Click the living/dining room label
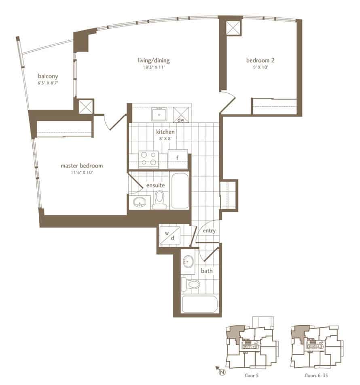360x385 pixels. [154, 61]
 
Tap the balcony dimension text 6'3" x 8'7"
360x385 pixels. [48, 83]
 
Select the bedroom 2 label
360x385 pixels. [260, 60]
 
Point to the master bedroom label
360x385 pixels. [82, 166]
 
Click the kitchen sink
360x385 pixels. [159, 114]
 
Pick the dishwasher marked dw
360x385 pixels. [181, 115]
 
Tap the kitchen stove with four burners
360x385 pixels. [148, 159]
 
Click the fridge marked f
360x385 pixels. [178, 159]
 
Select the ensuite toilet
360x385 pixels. [159, 199]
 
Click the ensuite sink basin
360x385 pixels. [140, 202]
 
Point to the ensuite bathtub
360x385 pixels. [180, 191]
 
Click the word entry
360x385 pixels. [209, 231]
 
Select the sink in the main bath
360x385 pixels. [188, 261]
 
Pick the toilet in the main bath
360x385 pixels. [191, 284]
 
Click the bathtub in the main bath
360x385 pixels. [200, 304]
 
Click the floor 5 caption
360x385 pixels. [252, 375]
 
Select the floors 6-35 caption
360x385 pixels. [316, 375]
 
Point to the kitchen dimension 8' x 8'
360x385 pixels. [165, 139]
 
